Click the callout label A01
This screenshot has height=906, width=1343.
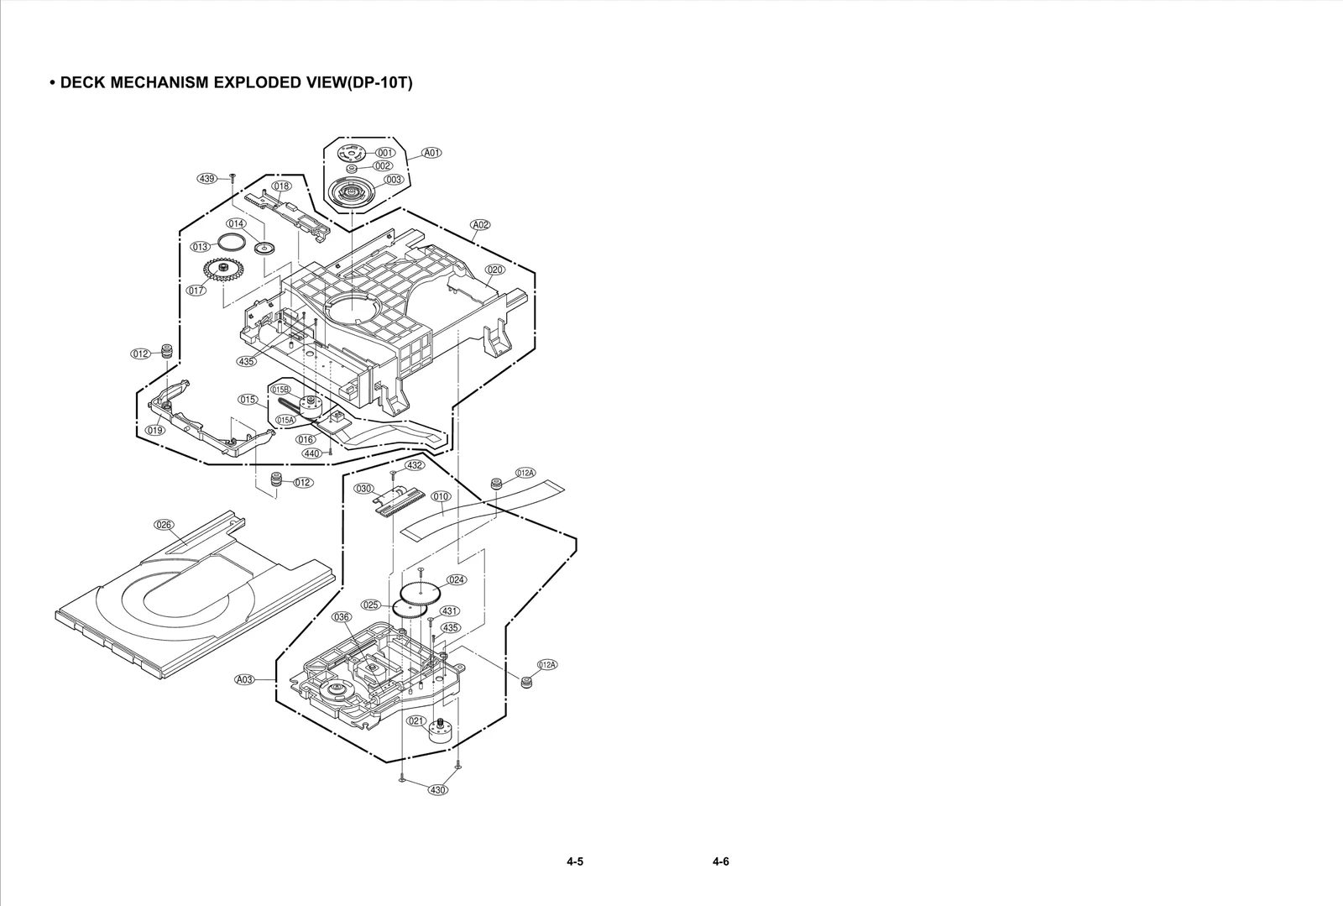[x=431, y=153]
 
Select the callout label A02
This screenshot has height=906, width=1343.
[x=480, y=225]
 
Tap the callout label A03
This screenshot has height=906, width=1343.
[x=244, y=679]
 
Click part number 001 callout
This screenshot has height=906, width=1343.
[x=385, y=153]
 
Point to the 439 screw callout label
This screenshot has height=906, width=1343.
[x=206, y=178]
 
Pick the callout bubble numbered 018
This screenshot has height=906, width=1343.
[x=281, y=186]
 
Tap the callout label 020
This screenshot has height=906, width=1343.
[x=495, y=270]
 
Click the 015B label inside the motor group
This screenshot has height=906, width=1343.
[x=280, y=390]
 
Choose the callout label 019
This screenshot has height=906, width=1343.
[x=155, y=430]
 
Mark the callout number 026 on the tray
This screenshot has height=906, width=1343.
[x=164, y=525]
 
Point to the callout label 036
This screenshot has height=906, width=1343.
[x=342, y=617]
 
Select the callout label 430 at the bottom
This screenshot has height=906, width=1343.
[x=437, y=790]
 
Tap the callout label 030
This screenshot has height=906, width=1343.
[x=363, y=489]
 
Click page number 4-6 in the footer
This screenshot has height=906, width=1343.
[x=720, y=861]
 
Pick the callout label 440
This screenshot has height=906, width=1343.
[x=311, y=453]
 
